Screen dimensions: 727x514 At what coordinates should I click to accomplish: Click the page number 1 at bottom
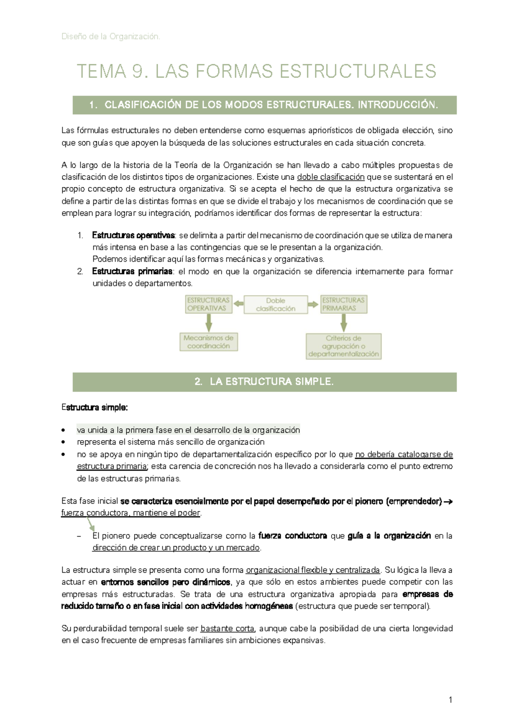(x=450, y=700)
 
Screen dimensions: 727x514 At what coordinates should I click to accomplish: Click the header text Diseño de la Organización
(x=111, y=36)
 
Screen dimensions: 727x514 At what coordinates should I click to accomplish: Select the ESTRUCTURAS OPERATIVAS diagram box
(x=209, y=304)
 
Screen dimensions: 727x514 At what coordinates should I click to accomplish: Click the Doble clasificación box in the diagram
(x=275, y=304)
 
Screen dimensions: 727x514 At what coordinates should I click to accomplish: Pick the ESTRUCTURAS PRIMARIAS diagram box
(x=344, y=304)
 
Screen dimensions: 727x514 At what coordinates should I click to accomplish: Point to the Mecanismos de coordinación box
(x=209, y=342)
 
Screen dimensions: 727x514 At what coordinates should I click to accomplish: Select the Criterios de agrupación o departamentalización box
(x=344, y=346)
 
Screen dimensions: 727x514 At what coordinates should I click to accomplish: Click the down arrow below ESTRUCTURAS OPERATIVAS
(x=209, y=322)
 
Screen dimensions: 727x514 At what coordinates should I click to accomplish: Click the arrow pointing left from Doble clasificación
(x=238, y=304)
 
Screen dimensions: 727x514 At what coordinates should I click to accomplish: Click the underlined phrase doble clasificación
(x=331, y=177)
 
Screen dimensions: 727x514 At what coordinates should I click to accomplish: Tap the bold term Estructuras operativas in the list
(x=133, y=235)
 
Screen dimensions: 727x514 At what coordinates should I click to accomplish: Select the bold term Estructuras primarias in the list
(x=132, y=271)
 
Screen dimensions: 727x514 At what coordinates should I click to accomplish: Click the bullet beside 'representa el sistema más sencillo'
(x=64, y=442)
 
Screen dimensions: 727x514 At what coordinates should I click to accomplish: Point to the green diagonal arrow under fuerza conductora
(x=90, y=524)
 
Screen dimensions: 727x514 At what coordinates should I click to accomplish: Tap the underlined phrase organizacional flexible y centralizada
(x=313, y=570)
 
